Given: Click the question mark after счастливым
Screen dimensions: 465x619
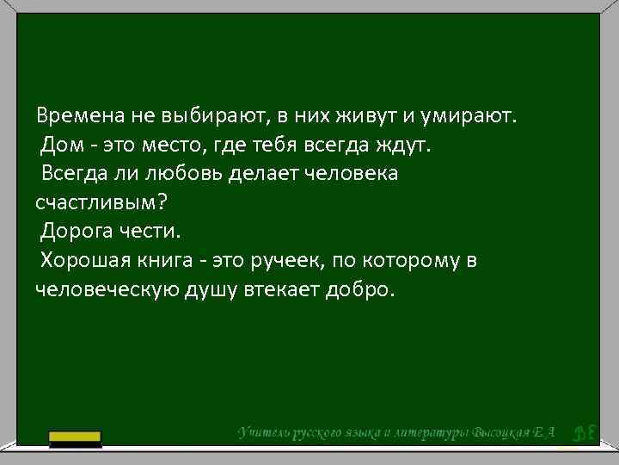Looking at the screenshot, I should point(160,202).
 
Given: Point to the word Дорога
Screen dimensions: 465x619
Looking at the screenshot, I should point(76,232).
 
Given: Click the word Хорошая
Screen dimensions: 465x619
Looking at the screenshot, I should point(85,260).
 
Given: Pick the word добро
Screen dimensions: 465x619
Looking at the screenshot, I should point(360,289).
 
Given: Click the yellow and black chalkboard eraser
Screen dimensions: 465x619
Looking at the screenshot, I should point(75,439).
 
